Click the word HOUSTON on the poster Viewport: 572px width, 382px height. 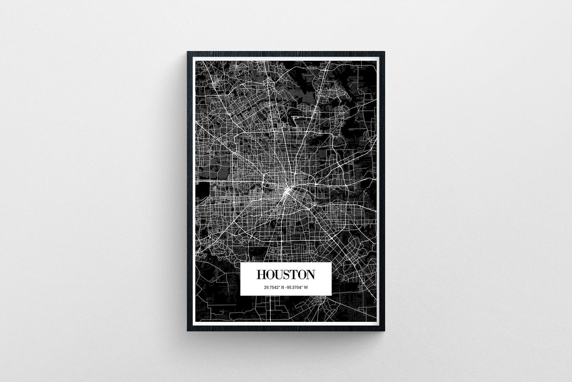tap(286, 275)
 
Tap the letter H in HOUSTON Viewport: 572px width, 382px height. tap(261, 275)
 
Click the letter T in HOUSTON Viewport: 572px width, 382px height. tap(294, 275)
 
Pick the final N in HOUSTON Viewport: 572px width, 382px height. tap(310, 275)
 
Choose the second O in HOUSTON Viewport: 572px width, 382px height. tap(302, 275)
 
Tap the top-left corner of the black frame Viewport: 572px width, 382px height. tap(187, 53)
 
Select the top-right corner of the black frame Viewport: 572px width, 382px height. tap(384, 53)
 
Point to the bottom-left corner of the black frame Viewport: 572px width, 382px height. tap(187, 329)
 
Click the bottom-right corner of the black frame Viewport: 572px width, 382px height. tap(384, 329)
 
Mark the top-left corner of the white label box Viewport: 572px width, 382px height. tap(241, 263)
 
